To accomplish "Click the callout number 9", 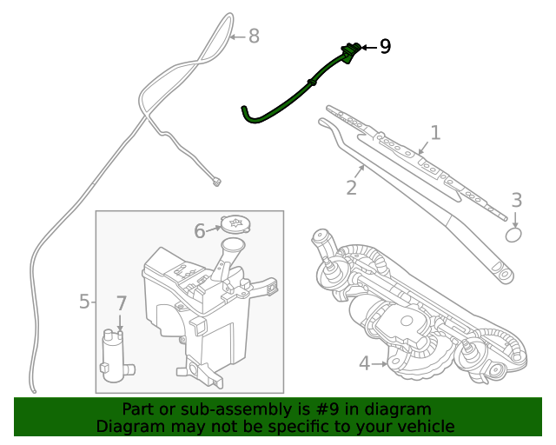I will (385, 47).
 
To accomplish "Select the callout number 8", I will (254, 37).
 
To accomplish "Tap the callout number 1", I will (435, 133).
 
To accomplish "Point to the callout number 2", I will (352, 187).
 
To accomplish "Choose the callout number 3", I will (516, 201).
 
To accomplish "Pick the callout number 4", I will (363, 363).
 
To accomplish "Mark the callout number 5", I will (84, 302).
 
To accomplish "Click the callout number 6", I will (199, 231).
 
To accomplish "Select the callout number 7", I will (121, 304).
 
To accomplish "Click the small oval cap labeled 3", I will (514, 234).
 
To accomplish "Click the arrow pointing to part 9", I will (368, 47).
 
